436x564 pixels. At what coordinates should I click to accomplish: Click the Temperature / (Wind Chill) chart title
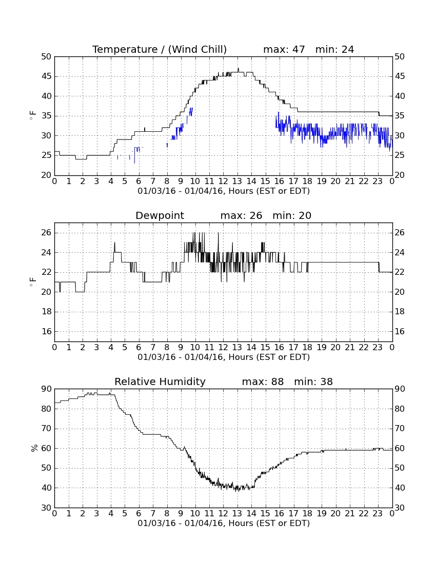click(x=160, y=49)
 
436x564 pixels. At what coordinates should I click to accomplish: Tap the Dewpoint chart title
click(x=160, y=215)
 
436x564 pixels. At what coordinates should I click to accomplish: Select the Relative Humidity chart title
click(x=160, y=381)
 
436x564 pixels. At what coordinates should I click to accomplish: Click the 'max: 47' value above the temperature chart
click(x=284, y=49)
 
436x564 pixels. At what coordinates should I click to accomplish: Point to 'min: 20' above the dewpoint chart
click(x=292, y=215)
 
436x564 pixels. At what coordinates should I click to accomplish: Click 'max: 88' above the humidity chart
click(x=263, y=381)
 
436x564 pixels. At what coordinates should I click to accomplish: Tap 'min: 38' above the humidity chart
click(x=313, y=381)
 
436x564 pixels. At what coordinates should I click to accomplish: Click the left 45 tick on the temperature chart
click(x=47, y=76)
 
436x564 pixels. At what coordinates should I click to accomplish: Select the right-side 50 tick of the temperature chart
click(x=400, y=56)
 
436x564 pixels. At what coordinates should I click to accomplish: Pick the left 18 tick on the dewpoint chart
click(x=47, y=312)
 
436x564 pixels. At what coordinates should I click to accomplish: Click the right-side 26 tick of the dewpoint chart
click(x=400, y=233)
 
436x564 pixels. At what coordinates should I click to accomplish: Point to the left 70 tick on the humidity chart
click(x=47, y=429)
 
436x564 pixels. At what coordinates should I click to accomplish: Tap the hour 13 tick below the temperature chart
click(x=237, y=181)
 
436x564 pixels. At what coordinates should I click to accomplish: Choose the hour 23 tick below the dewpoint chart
click(x=378, y=347)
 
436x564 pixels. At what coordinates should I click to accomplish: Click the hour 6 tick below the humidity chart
click(x=139, y=513)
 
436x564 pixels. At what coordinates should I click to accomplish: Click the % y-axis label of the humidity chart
click(x=34, y=448)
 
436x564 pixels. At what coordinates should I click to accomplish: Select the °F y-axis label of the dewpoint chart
click(x=33, y=282)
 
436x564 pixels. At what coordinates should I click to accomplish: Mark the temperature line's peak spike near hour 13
click(x=238, y=69)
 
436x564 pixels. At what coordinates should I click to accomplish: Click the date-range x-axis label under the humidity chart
click(x=224, y=523)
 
